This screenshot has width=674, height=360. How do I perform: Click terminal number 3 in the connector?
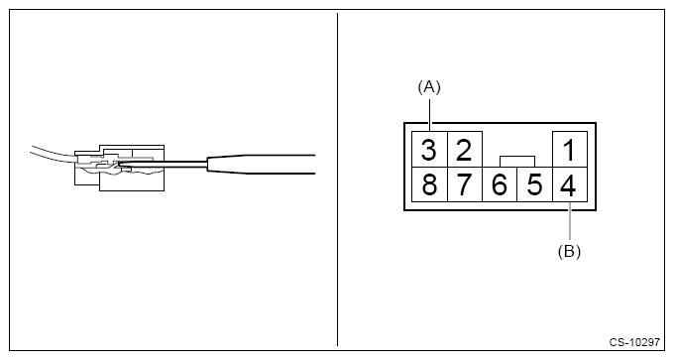428,151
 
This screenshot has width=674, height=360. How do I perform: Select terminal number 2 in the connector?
463,151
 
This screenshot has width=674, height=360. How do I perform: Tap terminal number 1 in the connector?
568,151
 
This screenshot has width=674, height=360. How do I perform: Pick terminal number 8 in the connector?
428,185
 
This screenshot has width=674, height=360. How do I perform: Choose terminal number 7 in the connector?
463,185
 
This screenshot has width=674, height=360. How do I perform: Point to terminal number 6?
500,185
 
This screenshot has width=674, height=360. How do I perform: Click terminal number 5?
534,185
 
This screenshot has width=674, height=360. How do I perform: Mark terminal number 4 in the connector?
568,185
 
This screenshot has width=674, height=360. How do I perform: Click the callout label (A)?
428,87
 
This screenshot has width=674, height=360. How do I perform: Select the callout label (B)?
568,251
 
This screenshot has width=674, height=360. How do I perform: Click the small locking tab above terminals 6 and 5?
517,160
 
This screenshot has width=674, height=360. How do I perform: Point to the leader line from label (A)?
428,114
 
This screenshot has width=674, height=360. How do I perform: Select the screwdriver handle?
263,165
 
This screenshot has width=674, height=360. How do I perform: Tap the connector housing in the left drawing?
114,164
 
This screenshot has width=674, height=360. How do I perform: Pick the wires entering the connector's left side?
50,155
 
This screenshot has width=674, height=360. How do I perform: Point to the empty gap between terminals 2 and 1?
516,144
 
